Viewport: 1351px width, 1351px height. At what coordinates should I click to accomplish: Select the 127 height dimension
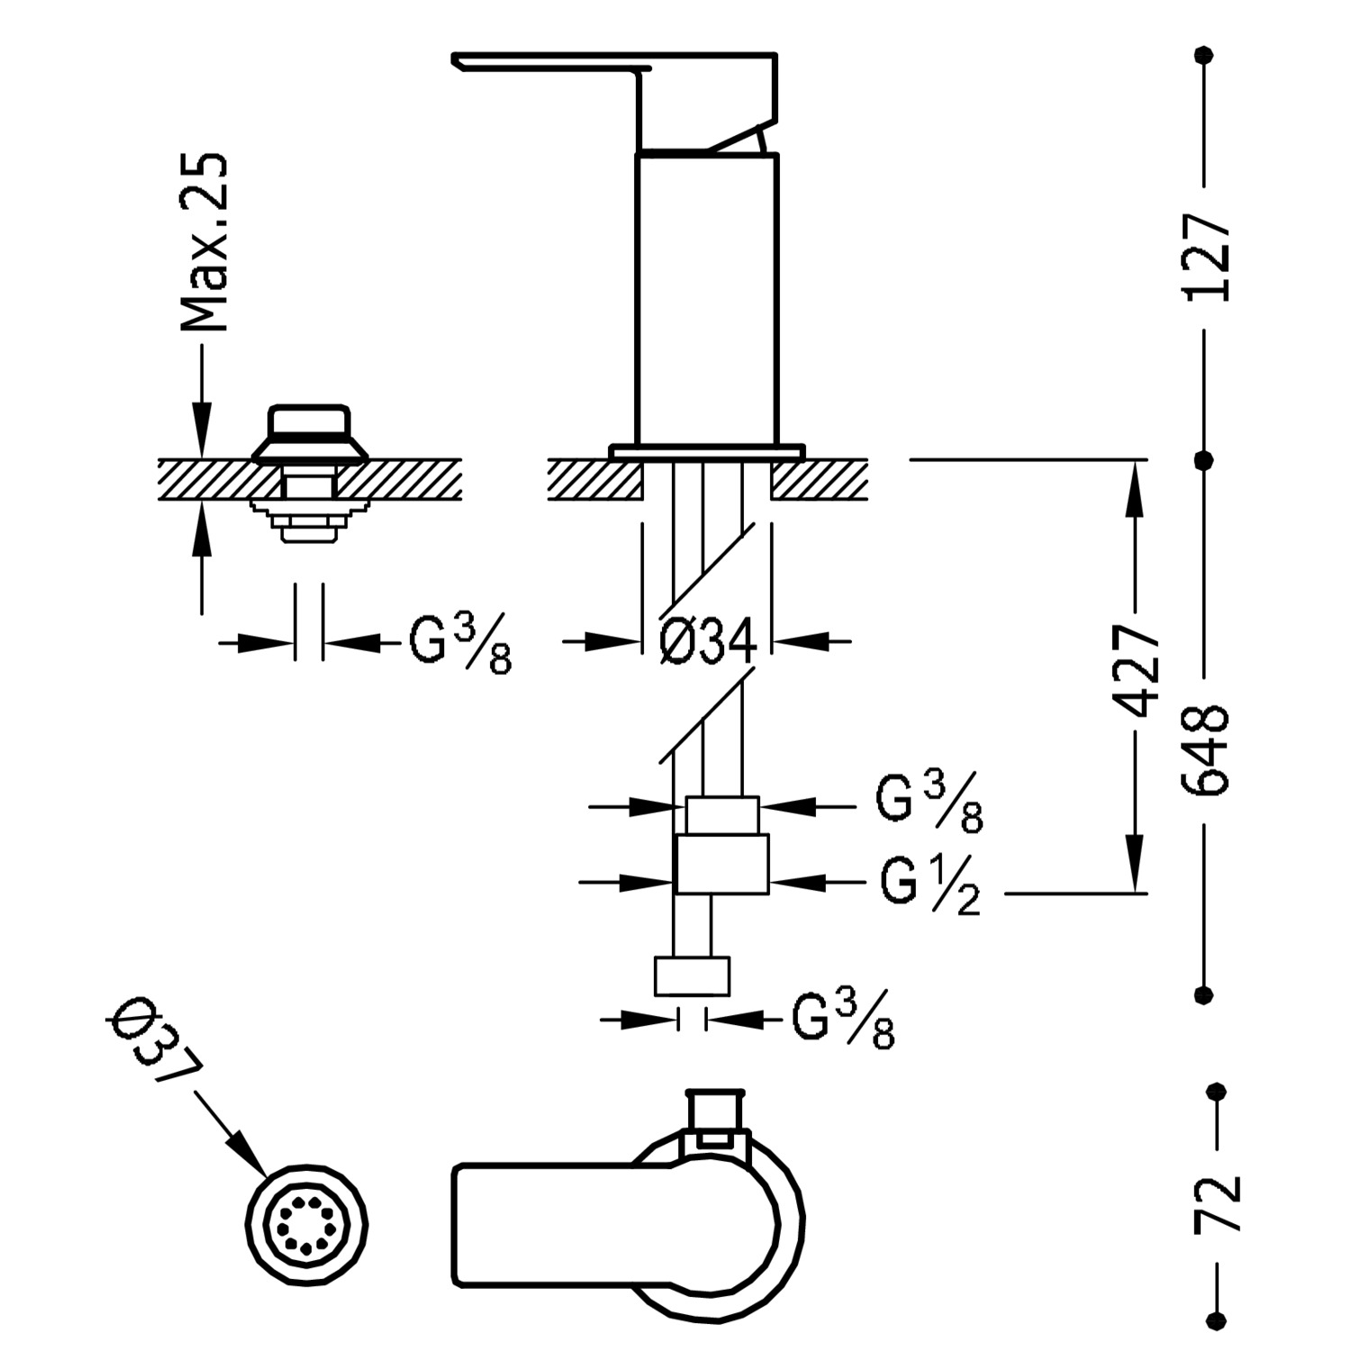(x=1207, y=258)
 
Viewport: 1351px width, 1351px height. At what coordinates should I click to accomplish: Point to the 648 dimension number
(x=1207, y=748)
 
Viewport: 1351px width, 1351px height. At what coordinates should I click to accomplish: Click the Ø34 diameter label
(x=707, y=642)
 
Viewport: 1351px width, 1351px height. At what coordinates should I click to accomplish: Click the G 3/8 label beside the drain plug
(x=460, y=645)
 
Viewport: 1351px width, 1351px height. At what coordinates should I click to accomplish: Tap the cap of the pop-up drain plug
(x=307, y=422)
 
